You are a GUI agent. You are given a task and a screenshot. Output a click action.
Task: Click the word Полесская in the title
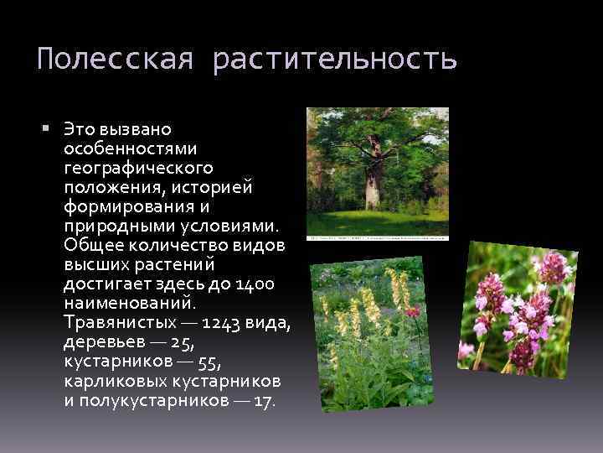(x=116, y=60)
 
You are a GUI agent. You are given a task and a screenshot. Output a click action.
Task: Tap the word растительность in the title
(x=335, y=60)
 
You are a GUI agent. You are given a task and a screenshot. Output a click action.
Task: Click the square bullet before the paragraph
(x=46, y=128)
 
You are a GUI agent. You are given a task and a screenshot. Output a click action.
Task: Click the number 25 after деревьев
(x=179, y=341)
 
